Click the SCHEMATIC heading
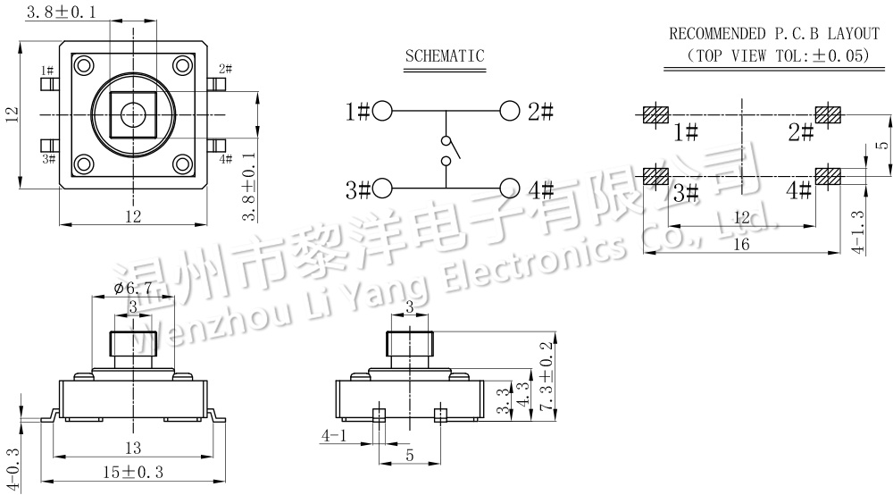pyautogui.click(x=445, y=56)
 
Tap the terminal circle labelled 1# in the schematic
pyautogui.click(x=382, y=112)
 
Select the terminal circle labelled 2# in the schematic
pyautogui.click(x=510, y=112)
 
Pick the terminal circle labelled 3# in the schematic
pyautogui.click(x=382, y=189)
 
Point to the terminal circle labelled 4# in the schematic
pyautogui.click(x=510, y=189)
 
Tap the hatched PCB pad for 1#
pyautogui.click(x=656, y=115)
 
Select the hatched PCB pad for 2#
pyautogui.click(x=828, y=115)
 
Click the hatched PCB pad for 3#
pyautogui.click(x=656, y=175)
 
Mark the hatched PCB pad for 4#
pyautogui.click(x=828, y=175)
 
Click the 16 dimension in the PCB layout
pyautogui.click(x=741, y=245)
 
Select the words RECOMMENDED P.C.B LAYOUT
pyautogui.click(x=774, y=34)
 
